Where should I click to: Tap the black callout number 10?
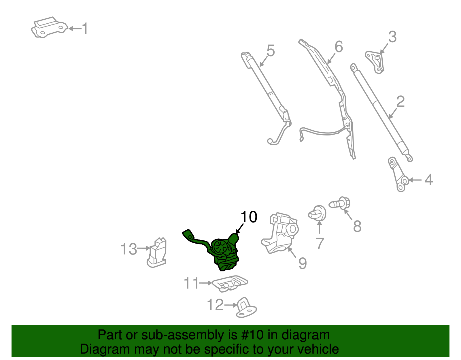pyautogui.click(x=249, y=217)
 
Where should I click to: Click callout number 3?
pyautogui.click(x=392, y=37)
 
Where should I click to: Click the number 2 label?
pyautogui.click(x=400, y=102)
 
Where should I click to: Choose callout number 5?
pyautogui.click(x=271, y=51)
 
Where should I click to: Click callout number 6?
pyautogui.click(x=339, y=47)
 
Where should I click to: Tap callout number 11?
pyautogui.click(x=191, y=283)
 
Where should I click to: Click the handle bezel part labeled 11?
pyautogui.click(x=230, y=284)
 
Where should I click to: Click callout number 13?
pyautogui.click(x=129, y=249)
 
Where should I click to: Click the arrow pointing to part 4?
pyautogui.click(x=415, y=180)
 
